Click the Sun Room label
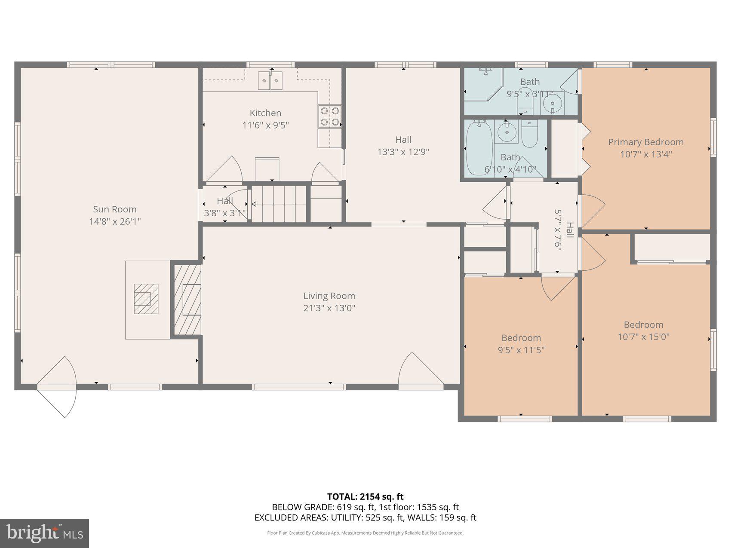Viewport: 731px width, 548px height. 115,209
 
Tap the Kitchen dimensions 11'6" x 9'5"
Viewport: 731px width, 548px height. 265,126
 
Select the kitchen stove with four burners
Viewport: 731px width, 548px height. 330,116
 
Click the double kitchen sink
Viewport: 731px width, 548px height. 270,80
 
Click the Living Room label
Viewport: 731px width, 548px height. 329,296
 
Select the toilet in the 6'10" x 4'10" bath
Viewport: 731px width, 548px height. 529,134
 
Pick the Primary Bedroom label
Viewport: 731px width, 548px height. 645,142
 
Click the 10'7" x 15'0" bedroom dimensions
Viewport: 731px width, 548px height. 643,337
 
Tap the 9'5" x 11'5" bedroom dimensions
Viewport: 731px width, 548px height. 521,350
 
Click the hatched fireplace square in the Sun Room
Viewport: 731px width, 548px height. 146,299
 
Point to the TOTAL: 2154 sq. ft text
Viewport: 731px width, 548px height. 365,497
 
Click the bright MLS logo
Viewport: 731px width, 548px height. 44,533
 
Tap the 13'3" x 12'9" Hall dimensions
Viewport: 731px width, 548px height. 403,152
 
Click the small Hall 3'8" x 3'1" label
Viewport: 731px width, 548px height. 224,201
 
